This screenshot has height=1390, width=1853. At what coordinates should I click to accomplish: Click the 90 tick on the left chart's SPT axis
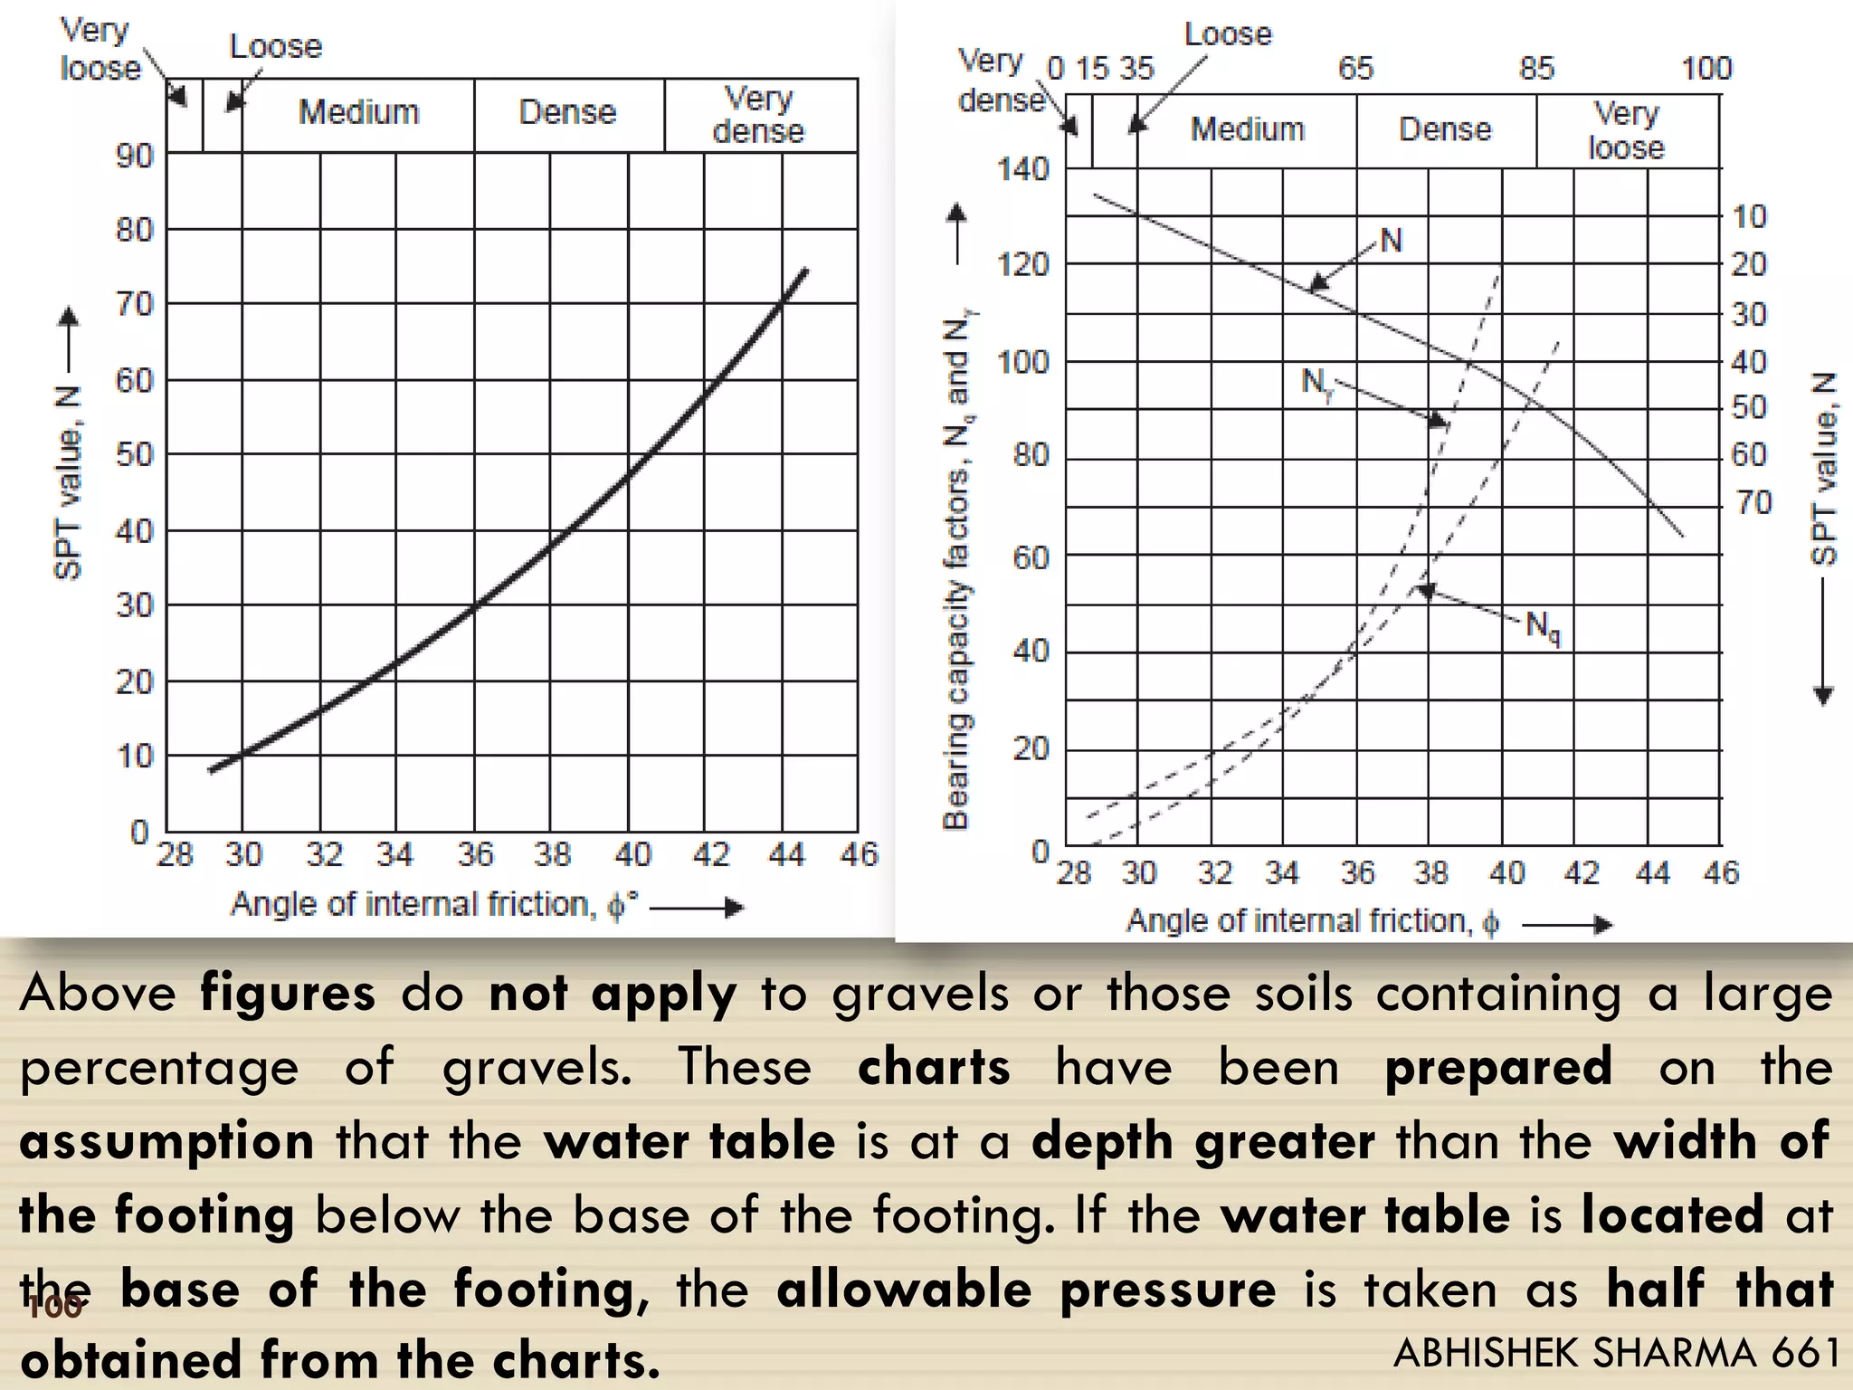pyautogui.click(x=135, y=157)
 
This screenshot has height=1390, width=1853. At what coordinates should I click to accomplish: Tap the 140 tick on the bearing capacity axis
pyautogui.click(x=1022, y=169)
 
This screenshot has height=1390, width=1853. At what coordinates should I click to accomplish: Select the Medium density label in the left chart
pyautogui.click(x=359, y=113)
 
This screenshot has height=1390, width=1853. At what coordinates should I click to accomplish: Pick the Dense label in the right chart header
pyautogui.click(x=1445, y=129)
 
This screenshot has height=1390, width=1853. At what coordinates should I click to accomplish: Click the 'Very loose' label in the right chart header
pyautogui.click(x=1626, y=131)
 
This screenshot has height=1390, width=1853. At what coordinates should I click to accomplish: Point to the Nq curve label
pyautogui.click(x=1543, y=626)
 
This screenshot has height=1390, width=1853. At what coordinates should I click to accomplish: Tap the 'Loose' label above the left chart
pyautogui.click(x=275, y=47)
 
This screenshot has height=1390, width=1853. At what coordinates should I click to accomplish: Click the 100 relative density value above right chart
pyautogui.click(x=1706, y=69)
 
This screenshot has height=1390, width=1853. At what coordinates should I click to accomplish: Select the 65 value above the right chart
pyautogui.click(x=1355, y=69)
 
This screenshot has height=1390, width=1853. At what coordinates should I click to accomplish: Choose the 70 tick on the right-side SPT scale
pyautogui.click(x=1753, y=502)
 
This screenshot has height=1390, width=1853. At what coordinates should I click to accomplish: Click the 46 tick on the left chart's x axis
pyautogui.click(x=859, y=855)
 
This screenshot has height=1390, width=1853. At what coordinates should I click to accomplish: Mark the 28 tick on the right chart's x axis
pyautogui.click(x=1074, y=873)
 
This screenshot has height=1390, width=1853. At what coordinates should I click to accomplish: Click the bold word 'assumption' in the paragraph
pyautogui.click(x=166, y=1142)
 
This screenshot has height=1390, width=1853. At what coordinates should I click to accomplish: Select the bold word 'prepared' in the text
pyautogui.click(x=1498, y=1068)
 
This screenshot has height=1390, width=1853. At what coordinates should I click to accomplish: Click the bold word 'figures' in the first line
pyautogui.click(x=287, y=994)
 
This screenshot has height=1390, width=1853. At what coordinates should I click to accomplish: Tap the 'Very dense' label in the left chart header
pyautogui.click(x=758, y=115)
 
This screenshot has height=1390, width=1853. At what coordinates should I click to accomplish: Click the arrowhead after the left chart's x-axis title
pyautogui.click(x=735, y=908)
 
